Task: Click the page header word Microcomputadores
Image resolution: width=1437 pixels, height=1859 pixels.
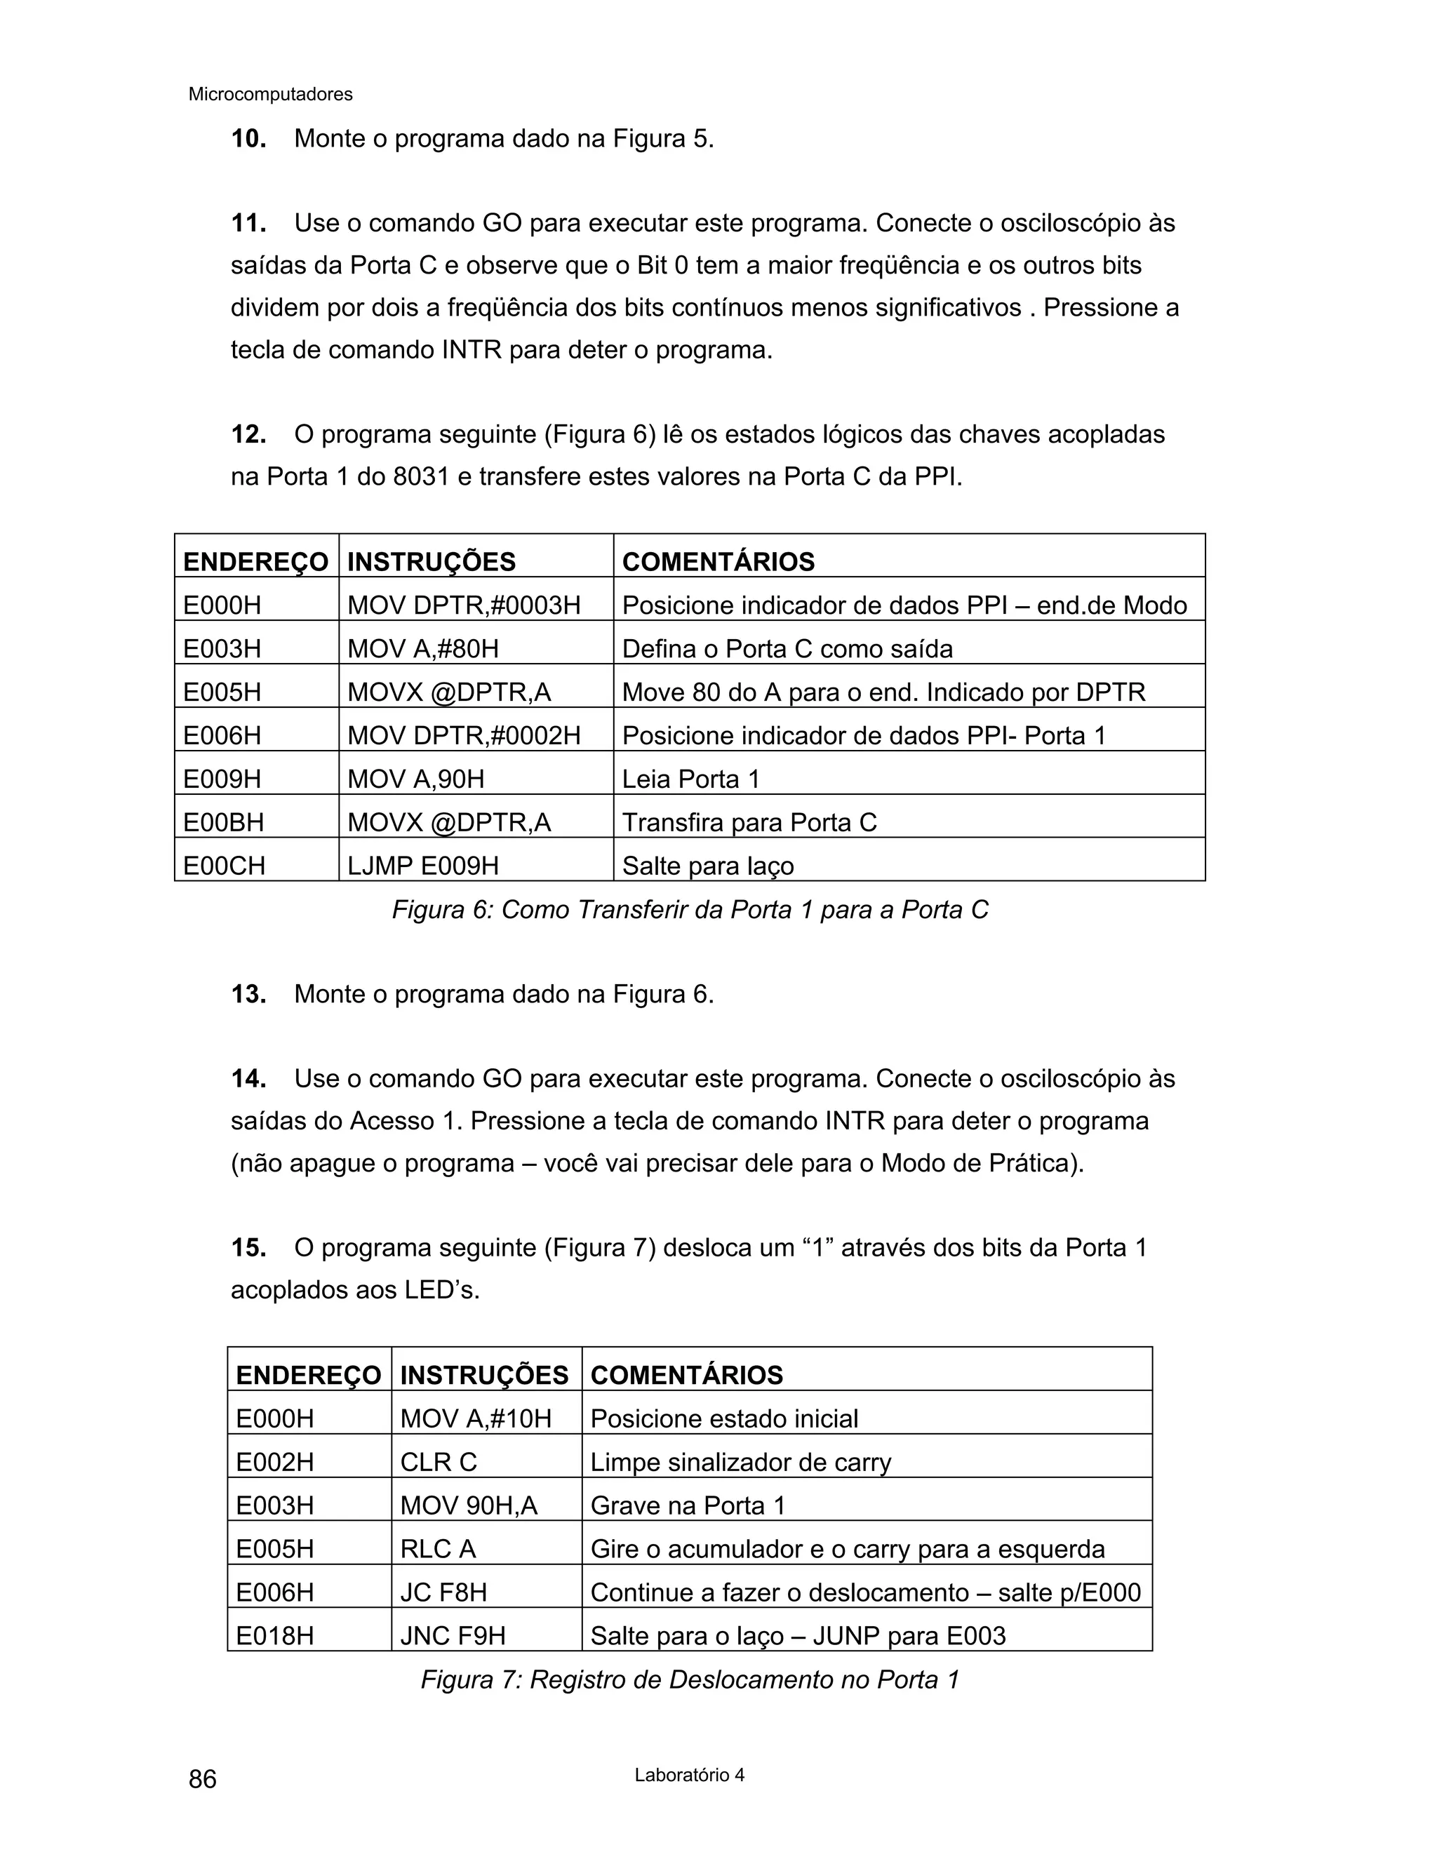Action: click(270, 95)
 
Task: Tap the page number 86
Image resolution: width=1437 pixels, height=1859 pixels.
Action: click(203, 1779)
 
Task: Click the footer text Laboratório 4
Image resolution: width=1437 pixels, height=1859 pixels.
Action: click(689, 1775)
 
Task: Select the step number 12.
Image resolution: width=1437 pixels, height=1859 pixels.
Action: click(248, 435)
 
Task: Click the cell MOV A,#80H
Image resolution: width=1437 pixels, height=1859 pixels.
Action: click(422, 650)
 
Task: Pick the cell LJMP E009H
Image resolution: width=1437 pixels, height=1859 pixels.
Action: click(422, 866)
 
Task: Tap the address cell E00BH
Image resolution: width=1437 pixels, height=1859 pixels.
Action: click(224, 823)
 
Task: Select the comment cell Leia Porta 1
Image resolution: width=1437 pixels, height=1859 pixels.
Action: click(690, 779)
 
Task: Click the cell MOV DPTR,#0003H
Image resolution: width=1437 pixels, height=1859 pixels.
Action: click(463, 606)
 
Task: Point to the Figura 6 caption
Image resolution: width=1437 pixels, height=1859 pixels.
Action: click(690, 910)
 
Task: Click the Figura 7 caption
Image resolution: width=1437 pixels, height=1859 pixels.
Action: click(690, 1679)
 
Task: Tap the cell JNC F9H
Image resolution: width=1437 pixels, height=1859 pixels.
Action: click(452, 1636)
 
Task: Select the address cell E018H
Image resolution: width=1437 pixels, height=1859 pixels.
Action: click(275, 1636)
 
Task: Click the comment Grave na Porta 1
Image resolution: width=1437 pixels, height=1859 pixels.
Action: click(687, 1505)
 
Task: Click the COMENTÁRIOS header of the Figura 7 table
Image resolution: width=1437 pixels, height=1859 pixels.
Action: click(686, 1376)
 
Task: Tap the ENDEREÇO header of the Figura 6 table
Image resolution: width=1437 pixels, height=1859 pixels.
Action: click(255, 563)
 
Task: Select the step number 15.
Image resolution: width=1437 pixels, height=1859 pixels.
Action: click(248, 1249)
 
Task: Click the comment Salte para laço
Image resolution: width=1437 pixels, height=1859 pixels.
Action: click(707, 866)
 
